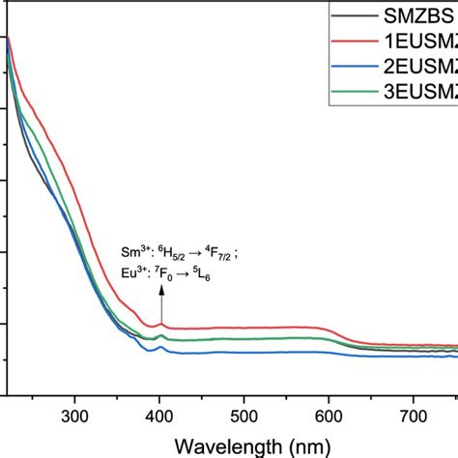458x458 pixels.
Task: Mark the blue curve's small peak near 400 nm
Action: pyautogui.click(x=160, y=347)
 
